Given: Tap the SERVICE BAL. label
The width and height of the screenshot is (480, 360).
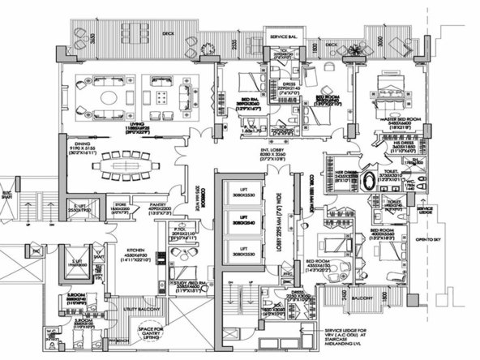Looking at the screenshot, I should click(x=286, y=37).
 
